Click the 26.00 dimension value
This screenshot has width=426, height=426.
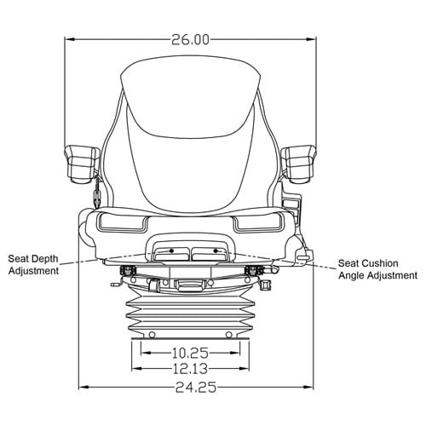pyautogui.click(x=190, y=39)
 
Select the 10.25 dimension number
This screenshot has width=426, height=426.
pyautogui.click(x=190, y=353)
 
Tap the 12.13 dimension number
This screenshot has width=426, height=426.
pyautogui.click(x=190, y=369)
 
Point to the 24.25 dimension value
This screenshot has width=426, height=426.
pyautogui.click(x=196, y=387)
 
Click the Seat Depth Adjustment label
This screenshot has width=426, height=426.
pyautogui.click(x=33, y=265)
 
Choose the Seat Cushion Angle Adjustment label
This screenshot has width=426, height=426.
pyautogui.click(x=377, y=269)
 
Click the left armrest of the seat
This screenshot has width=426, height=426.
pyautogui.click(x=82, y=164)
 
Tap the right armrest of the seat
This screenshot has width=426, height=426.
pyautogui.click(x=298, y=164)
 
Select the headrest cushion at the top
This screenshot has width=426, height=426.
pyautogui.click(x=190, y=96)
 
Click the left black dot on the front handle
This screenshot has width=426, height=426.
pyautogui.click(x=171, y=250)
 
